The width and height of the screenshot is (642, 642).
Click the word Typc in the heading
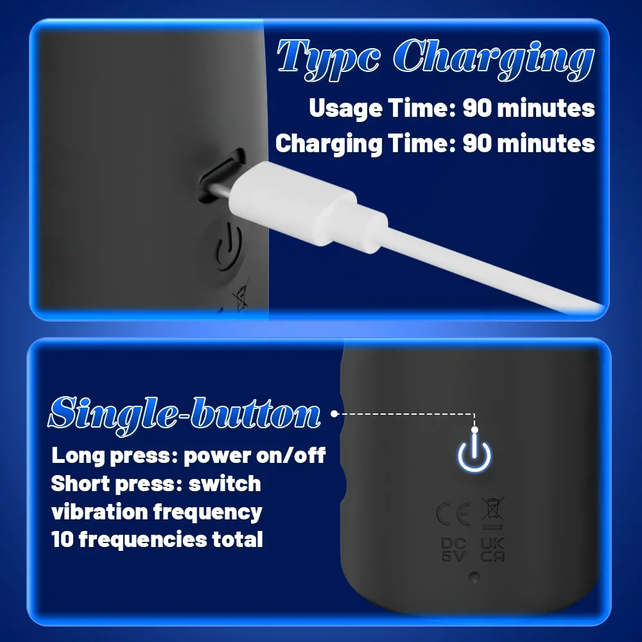328,58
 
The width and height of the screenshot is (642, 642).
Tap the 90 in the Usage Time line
477,108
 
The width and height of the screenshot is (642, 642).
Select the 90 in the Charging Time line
477,144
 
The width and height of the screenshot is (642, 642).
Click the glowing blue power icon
474,453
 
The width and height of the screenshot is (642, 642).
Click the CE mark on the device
453,514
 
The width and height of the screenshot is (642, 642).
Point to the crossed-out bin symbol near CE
492,512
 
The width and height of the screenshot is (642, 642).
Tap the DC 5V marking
454,550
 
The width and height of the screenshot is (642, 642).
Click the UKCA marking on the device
492,550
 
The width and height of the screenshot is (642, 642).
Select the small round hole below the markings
474,577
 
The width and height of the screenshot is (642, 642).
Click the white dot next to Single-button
334,414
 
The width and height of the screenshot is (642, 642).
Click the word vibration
100,512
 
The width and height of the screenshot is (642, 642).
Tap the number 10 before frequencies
62,539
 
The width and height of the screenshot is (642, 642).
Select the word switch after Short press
224,483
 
